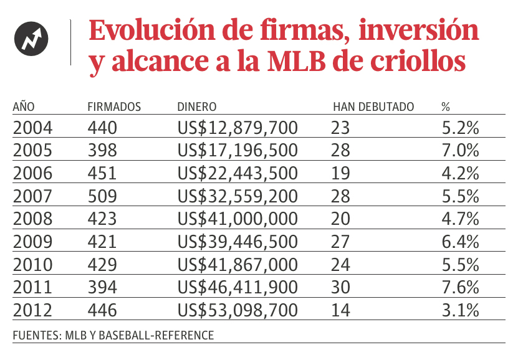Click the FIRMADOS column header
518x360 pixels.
tap(114, 107)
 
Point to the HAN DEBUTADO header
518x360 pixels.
tap(373, 107)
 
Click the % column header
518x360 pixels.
tap(445, 107)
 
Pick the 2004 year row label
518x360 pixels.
tap(33, 128)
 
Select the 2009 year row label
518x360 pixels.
tap(33, 242)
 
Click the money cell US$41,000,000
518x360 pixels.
tap(237, 219)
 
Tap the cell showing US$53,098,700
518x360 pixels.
tap(237, 310)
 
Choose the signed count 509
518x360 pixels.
tap(102, 197)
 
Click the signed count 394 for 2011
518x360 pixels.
tap(102, 287)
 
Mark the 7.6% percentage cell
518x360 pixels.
tap(460, 287)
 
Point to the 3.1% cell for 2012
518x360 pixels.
tap(460, 310)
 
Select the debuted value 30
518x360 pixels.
tap(342, 287)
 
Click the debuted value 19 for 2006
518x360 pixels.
tap(341, 174)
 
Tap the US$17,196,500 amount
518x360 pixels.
tap(237, 151)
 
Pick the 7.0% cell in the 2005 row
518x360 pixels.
tap(460, 151)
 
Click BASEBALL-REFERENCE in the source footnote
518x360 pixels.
tap(165, 335)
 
